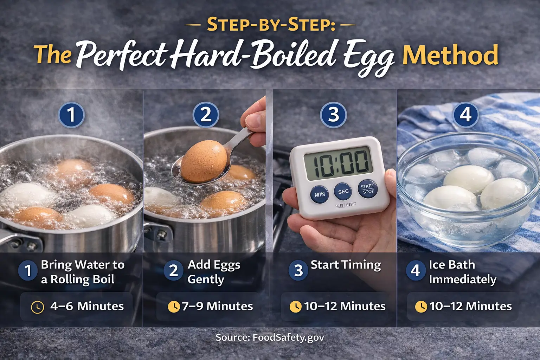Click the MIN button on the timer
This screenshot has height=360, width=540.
click(319, 194)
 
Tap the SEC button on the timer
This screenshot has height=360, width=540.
click(343, 192)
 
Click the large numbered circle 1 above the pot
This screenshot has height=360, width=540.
click(71, 115)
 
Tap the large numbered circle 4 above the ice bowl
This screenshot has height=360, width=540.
click(465, 115)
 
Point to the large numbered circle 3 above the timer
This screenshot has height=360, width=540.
click(333, 115)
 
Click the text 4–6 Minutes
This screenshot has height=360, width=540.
click(87, 306)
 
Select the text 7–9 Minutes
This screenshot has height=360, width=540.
click(217, 306)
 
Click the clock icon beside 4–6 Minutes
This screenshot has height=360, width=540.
click(38, 307)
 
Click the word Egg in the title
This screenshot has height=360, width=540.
click(369, 58)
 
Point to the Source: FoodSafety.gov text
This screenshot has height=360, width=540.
click(270, 338)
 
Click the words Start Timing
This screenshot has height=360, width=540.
click(346, 265)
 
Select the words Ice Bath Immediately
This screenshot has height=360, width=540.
click(462, 272)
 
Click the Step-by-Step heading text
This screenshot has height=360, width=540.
click(271, 25)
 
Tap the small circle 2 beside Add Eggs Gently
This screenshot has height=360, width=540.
click(173, 271)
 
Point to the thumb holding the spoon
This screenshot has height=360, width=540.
click(254, 118)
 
